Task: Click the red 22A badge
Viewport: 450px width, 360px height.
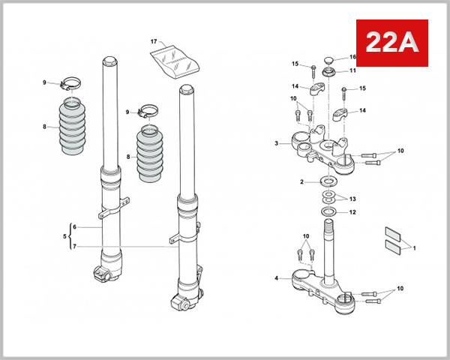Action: click(391, 43)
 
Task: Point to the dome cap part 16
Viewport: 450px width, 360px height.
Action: click(329, 59)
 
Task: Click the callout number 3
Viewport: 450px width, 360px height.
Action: click(277, 143)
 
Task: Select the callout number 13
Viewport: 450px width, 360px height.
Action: click(352, 199)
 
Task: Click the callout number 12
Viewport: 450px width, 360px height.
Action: click(352, 212)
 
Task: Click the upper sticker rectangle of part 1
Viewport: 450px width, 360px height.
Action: click(394, 232)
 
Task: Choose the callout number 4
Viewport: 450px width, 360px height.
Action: click(277, 279)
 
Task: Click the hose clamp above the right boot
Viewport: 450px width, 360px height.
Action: click(147, 114)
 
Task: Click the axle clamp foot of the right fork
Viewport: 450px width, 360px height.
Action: click(183, 302)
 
